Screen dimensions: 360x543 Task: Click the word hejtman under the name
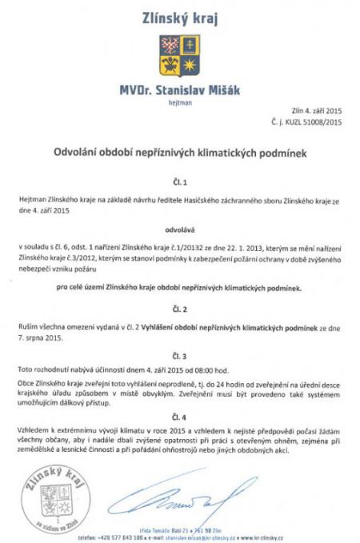pos(179,102)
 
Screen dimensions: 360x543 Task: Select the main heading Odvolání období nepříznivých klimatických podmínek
pos(179,150)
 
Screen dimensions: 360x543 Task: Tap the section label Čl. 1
pos(179,182)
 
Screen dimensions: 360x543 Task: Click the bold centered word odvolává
pos(179,226)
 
